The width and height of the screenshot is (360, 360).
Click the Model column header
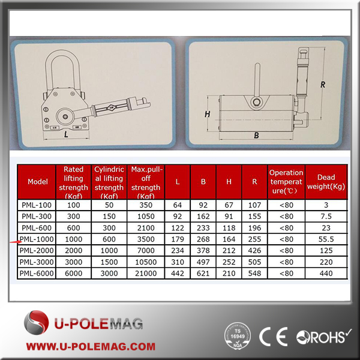pos(37,182)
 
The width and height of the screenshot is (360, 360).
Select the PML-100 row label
pos(37,205)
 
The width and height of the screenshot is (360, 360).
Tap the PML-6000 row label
pos(37,273)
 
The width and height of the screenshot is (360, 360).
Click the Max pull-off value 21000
pos(146,273)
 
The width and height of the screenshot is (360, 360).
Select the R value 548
pos(254,273)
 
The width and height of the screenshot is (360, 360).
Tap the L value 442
pos(178,273)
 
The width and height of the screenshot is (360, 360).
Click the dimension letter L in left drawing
pos(64,136)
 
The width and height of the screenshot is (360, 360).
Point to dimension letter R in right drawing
pos(322,85)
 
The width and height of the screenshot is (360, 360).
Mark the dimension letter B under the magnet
pos(256,136)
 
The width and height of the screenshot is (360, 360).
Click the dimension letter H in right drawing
pos(207,113)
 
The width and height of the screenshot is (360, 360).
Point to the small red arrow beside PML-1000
pos(14,241)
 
